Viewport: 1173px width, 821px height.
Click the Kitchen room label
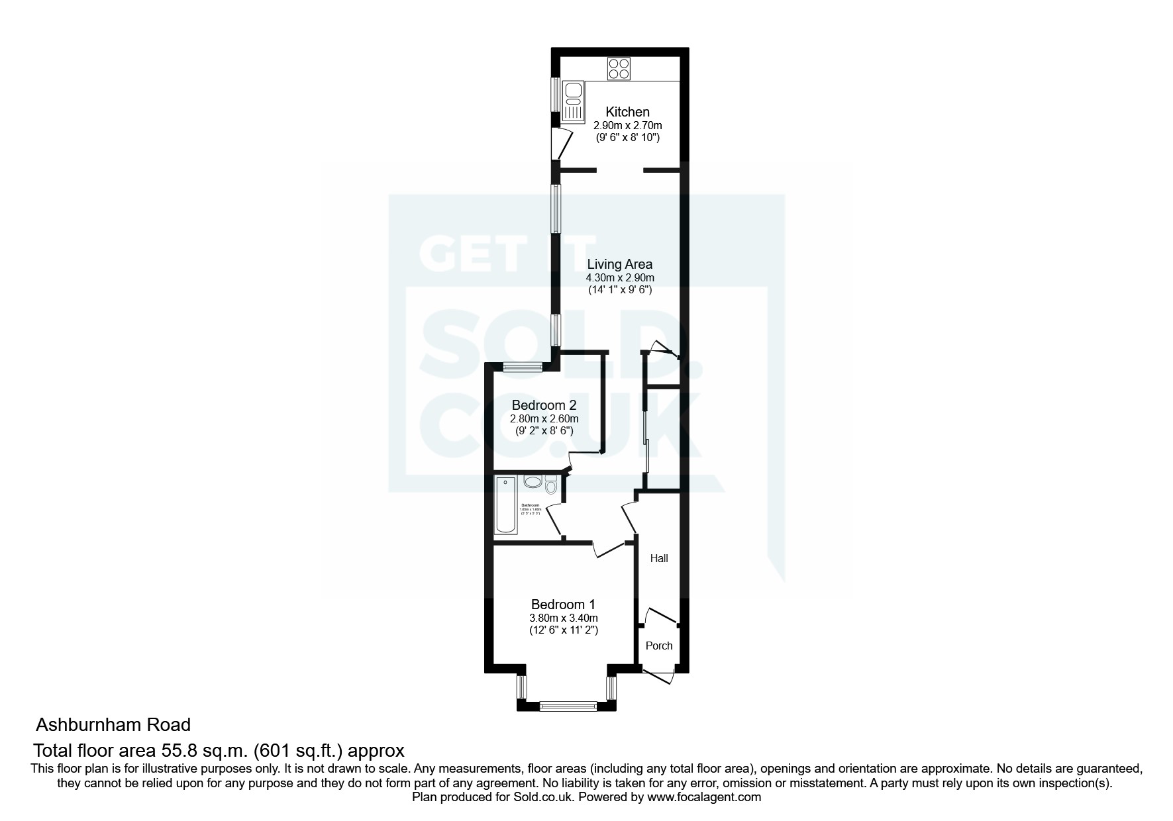[x=627, y=112]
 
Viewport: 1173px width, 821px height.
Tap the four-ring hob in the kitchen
[x=619, y=69]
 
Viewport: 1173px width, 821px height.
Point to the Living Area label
[x=619, y=264]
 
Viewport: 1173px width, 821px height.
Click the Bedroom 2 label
[x=544, y=405]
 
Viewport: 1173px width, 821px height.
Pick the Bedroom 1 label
[x=563, y=604]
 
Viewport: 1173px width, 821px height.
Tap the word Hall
[x=658, y=558]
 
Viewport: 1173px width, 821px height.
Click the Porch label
[x=658, y=646]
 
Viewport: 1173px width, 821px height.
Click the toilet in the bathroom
[x=551, y=487]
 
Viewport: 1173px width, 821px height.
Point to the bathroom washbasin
[x=532, y=481]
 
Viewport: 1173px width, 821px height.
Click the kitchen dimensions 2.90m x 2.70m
[x=627, y=125]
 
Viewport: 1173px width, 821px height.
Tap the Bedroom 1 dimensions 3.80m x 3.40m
[x=563, y=618]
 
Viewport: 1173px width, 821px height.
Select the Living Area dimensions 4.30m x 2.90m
[x=619, y=277]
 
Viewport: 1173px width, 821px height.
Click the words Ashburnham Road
[x=113, y=724]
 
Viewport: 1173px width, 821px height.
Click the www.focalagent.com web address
[x=704, y=797]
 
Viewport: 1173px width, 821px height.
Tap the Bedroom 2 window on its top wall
[x=523, y=366]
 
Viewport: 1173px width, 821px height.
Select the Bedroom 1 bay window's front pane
[x=568, y=706]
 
